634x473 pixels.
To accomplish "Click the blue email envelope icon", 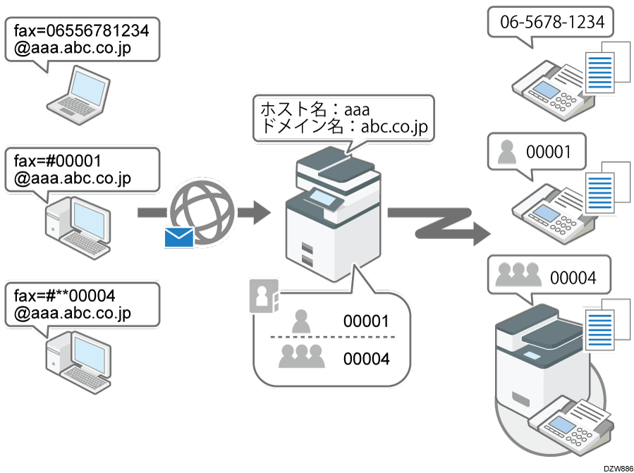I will [178, 238].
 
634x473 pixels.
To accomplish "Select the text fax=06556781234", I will [81, 30].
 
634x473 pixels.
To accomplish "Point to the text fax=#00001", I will [58, 160].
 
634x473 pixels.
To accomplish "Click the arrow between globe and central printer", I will [253, 210].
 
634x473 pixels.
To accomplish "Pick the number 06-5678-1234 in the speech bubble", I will [552, 23].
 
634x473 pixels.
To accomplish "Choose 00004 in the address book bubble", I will [366, 359].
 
